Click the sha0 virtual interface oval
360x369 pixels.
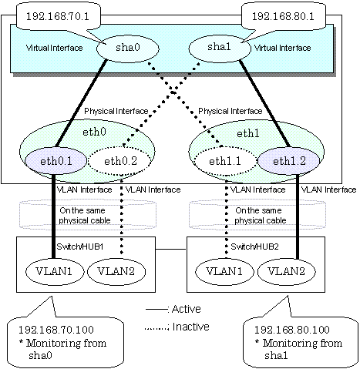tap(128, 48)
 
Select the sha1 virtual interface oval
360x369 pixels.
tap(220, 48)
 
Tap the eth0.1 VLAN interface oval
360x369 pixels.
tap(56, 161)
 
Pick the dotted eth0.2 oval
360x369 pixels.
tap(120, 161)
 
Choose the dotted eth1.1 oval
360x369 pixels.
tap(225, 161)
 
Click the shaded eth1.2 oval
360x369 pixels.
tap(289, 161)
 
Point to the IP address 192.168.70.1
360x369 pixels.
tap(58, 16)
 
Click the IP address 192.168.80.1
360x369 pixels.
tap(283, 16)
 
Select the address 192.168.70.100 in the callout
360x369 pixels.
tap(56, 330)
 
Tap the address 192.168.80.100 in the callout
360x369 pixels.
tap(292, 330)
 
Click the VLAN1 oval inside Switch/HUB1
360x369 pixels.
tap(55, 271)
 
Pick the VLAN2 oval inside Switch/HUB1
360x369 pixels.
tap(116, 271)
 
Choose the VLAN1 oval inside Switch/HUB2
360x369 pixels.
tap(224, 271)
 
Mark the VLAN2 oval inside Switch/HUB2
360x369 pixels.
tap(286, 271)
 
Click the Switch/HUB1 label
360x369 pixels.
tap(80, 247)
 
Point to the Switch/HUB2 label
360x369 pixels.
tap(254, 247)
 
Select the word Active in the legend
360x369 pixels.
tap(187, 309)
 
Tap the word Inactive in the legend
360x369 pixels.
tap(190, 327)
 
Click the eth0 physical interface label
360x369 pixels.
tap(94, 132)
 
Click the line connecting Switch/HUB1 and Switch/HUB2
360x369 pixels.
tap(171, 249)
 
